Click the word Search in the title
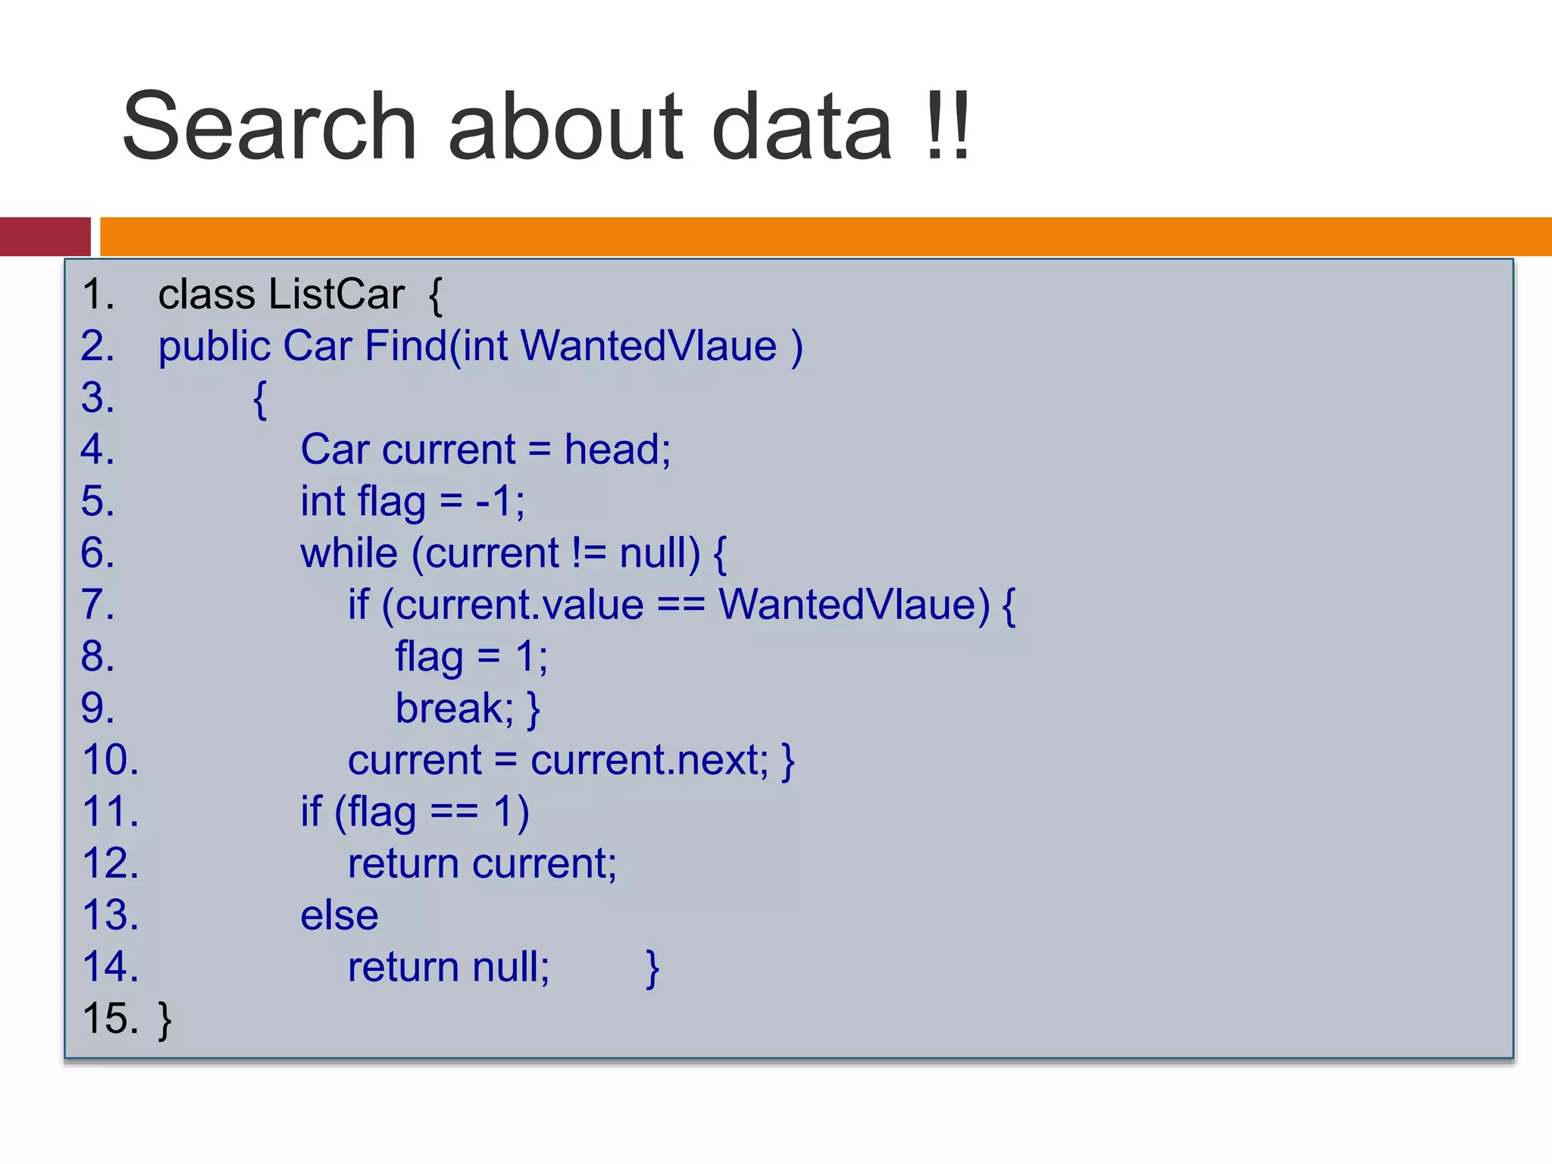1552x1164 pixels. pyautogui.click(x=269, y=127)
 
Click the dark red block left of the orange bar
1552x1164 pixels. pyautogui.click(x=45, y=236)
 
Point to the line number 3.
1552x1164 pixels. pyautogui.click(x=98, y=398)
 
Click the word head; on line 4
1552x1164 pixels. pyautogui.click(x=617, y=449)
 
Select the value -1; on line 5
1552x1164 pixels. pyautogui.click(x=499, y=501)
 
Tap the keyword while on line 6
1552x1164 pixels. pyautogui.click(x=349, y=552)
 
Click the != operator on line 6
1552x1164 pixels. pyautogui.click(x=589, y=552)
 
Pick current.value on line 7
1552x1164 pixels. pyautogui.click(x=519, y=605)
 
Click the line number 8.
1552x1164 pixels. pyautogui.click(x=98, y=656)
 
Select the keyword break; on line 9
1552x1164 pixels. pyautogui.click(x=454, y=709)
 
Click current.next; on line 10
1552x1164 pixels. pyautogui.click(x=649, y=760)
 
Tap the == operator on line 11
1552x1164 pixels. pyautogui.click(x=454, y=812)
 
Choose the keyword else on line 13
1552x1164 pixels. pyautogui.click(x=339, y=915)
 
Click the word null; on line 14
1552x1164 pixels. pyautogui.click(x=511, y=968)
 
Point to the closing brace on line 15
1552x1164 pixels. pyautogui.click(x=164, y=1020)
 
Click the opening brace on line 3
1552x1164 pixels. pyautogui.click(x=260, y=399)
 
